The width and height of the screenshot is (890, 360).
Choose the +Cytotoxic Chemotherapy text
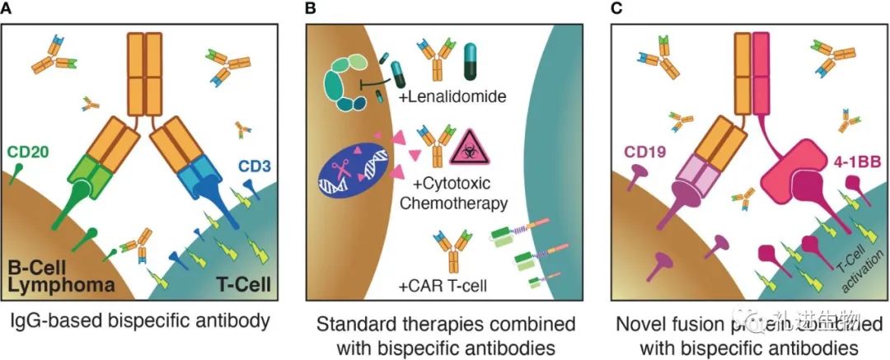point(461,193)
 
